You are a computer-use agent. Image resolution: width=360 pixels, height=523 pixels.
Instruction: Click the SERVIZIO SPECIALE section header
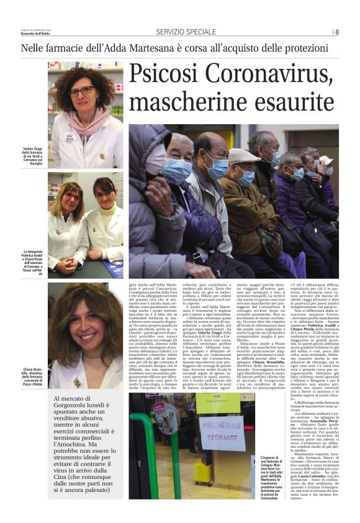[x=186, y=32]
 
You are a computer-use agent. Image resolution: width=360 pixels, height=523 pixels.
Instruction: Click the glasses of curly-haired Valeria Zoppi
[x=82, y=91]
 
